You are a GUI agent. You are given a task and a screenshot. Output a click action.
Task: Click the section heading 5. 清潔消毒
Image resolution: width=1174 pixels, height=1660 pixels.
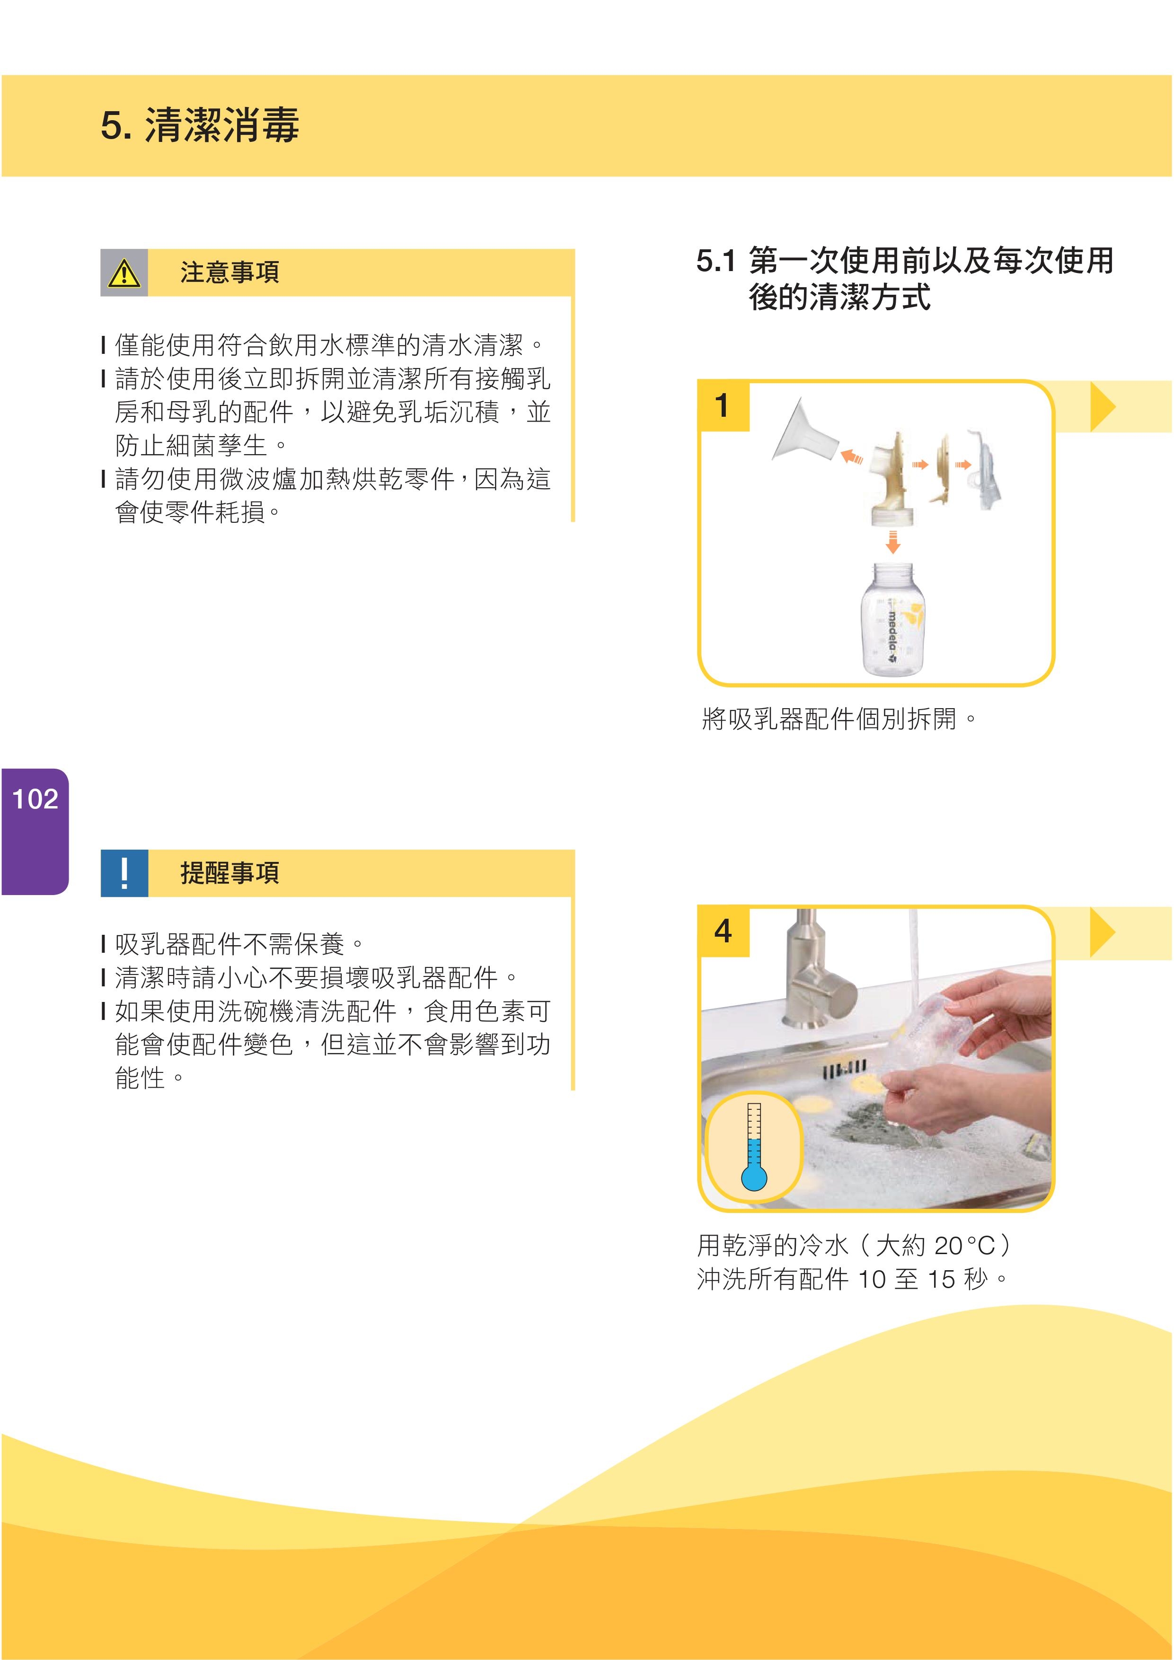click(x=200, y=125)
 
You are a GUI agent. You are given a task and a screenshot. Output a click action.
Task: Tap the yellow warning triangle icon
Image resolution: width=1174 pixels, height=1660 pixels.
click(x=124, y=273)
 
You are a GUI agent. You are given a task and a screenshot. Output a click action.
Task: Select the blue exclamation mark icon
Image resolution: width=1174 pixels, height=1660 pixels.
click(x=124, y=873)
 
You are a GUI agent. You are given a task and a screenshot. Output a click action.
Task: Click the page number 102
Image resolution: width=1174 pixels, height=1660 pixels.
click(x=35, y=799)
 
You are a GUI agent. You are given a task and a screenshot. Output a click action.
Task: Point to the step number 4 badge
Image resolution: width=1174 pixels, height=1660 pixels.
click(x=723, y=931)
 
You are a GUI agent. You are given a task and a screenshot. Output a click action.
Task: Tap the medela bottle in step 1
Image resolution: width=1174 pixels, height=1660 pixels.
click(x=893, y=620)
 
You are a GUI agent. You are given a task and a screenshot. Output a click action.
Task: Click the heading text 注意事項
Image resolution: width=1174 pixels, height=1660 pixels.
click(x=230, y=272)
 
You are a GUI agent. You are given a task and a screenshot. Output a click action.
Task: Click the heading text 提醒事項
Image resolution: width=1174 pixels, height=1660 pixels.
click(x=230, y=873)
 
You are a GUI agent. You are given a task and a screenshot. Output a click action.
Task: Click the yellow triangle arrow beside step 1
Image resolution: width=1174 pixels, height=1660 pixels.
click(x=1103, y=407)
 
